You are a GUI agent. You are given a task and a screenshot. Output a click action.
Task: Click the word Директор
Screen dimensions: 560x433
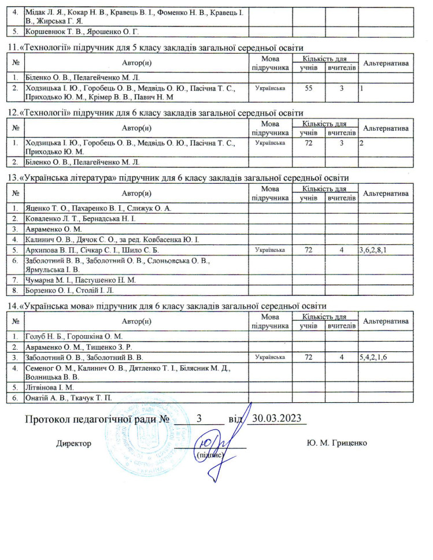point(73,443)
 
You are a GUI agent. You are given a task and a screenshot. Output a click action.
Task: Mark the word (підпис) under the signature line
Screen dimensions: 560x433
point(210,455)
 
